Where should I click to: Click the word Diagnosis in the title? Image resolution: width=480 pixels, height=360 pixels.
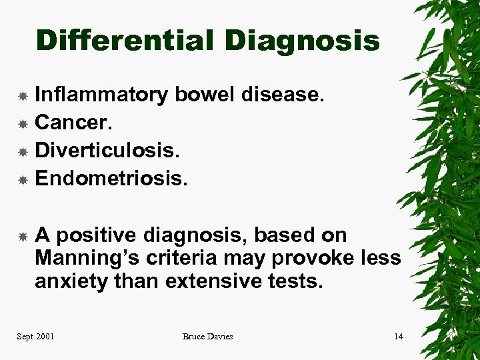coord(302,41)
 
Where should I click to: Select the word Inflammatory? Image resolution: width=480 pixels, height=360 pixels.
coord(101,95)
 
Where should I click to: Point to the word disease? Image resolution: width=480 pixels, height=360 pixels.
coord(283,95)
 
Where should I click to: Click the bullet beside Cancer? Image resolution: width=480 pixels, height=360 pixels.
coord(22,124)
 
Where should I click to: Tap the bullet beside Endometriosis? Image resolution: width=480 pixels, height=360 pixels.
coord(22,179)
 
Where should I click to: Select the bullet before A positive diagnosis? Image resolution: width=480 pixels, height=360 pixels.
coord(22,235)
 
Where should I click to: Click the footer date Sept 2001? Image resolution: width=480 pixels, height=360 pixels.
coord(35,337)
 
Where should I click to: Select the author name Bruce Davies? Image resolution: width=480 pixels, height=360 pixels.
coord(207,337)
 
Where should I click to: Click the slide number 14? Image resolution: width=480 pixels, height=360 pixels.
coord(398,337)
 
